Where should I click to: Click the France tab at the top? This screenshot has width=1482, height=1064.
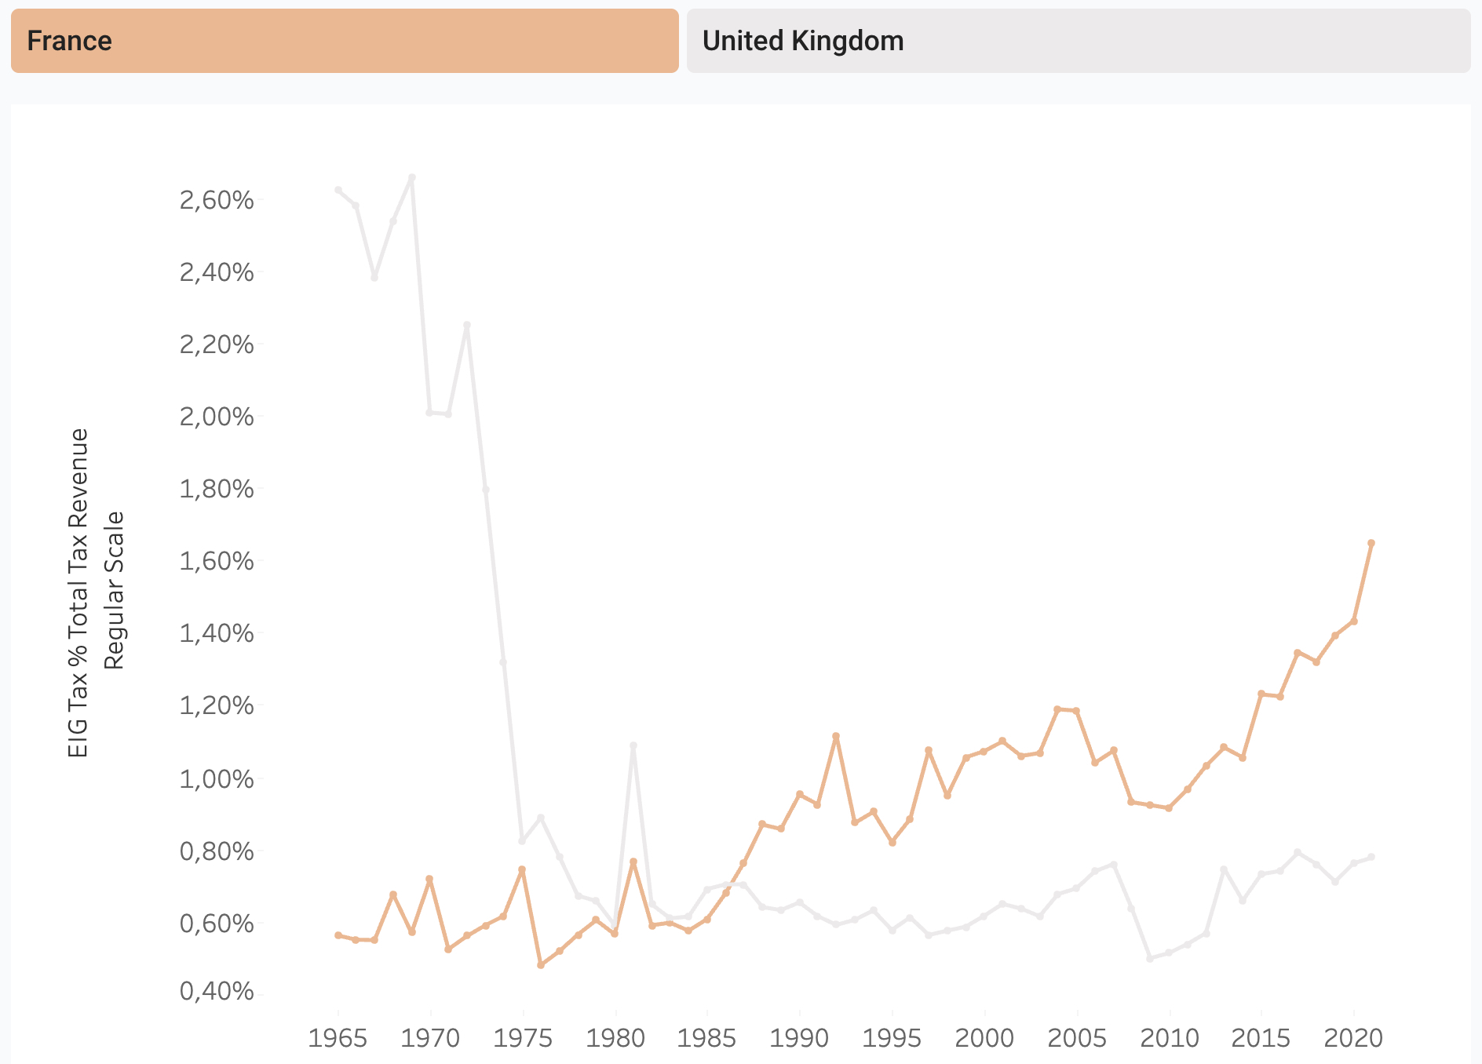[x=345, y=41]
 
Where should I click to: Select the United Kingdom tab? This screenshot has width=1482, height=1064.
[x=1078, y=41]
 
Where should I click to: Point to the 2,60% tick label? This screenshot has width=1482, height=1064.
[x=217, y=200]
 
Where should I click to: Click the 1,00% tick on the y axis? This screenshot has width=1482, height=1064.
[x=217, y=779]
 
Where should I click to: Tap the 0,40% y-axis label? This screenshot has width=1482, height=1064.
[x=217, y=991]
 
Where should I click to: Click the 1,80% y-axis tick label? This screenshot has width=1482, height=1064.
[x=217, y=489]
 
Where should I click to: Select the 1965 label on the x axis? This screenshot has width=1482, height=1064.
[x=338, y=1038]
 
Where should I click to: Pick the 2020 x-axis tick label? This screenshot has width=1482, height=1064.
[x=1353, y=1038]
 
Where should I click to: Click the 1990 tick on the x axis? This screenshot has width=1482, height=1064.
[x=799, y=1038]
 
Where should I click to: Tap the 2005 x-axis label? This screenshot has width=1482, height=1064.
[x=1077, y=1038]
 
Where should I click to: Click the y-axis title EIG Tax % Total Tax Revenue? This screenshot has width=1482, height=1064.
[x=78, y=592]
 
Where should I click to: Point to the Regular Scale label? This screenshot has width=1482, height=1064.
[x=115, y=591]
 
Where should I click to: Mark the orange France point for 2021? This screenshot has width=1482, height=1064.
[x=1371, y=543]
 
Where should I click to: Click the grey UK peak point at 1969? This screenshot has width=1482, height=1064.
[x=412, y=177]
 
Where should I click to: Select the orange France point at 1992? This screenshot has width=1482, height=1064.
[x=836, y=736]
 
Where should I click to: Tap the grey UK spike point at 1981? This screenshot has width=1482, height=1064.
[x=633, y=745]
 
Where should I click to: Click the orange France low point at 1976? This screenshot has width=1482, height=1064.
[x=541, y=964]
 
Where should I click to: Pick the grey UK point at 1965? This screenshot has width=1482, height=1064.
[x=338, y=190]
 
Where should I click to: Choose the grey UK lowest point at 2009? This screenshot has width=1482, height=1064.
[x=1150, y=958]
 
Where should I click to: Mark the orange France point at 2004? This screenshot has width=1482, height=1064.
[x=1057, y=709]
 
